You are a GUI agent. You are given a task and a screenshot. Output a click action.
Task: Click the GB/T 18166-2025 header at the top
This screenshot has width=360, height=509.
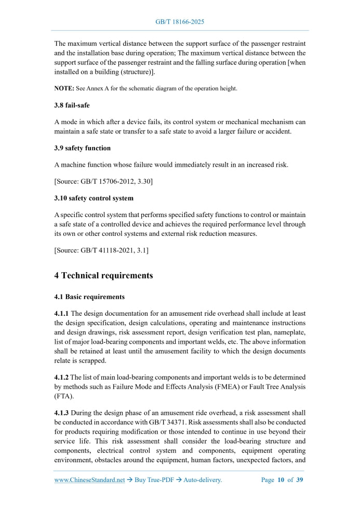click(180, 22)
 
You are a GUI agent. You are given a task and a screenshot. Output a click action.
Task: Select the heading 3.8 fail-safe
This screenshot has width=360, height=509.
click(72, 105)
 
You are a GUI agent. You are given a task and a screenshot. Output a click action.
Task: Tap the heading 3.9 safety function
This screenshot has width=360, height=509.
click(82, 148)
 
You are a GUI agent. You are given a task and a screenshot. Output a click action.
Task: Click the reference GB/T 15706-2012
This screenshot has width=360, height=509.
click(108, 182)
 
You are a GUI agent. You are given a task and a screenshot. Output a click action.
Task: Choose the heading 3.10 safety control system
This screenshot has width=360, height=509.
click(94, 198)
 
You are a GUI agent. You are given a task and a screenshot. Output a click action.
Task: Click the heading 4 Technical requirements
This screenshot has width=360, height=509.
click(103, 275)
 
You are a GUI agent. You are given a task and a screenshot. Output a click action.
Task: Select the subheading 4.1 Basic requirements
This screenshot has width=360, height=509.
click(89, 297)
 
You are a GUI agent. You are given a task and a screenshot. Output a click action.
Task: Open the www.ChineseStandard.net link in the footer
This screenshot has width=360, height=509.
click(89, 480)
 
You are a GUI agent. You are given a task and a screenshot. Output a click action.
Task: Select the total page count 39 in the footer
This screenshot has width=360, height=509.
click(299, 480)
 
